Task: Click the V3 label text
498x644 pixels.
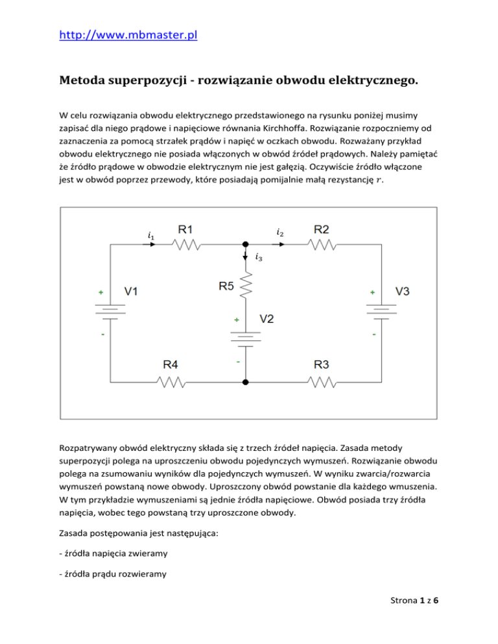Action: [x=402, y=292]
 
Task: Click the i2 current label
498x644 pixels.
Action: [x=279, y=231]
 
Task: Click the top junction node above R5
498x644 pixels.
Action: [x=245, y=245]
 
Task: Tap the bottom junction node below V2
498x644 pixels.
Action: [x=245, y=383]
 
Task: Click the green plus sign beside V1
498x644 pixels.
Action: [x=101, y=293]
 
